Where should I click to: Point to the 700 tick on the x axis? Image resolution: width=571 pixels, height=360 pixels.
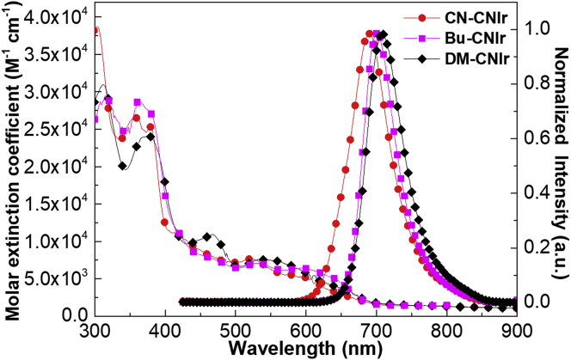tap(376, 332)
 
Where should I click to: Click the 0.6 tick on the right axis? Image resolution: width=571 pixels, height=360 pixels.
tap(531, 137)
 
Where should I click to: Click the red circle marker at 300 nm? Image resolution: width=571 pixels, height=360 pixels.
tap(95, 30)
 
